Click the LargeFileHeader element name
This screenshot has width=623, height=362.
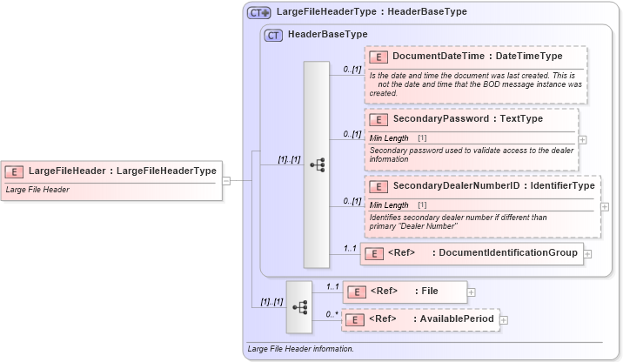(x=123, y=171)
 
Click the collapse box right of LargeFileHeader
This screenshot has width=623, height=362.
(x=226, y=181)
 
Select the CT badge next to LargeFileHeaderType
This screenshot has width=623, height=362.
(x=259, y=12)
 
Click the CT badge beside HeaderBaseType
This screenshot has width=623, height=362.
(x=274, y=35)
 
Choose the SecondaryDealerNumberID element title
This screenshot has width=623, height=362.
(x=493, y=186)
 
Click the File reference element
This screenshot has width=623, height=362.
(x=405, y=291)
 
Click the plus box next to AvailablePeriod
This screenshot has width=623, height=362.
(x=504, y=320)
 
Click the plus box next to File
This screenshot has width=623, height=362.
(x=472, y=292)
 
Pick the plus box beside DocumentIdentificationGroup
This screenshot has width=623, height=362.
(x=587, y=254)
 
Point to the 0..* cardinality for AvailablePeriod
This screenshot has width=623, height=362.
(x=332, y=313)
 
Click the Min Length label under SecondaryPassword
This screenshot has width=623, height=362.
(x=389, y=138)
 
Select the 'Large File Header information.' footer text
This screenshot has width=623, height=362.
(x=301, y=349)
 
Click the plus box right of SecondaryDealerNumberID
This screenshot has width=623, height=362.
(x=605, y=206)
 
